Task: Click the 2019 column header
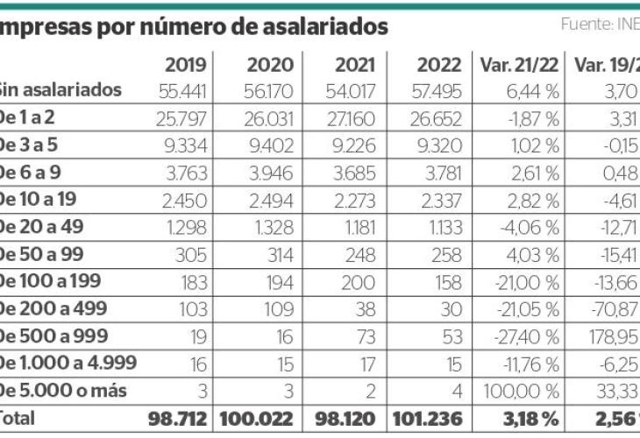(x=185, y=65)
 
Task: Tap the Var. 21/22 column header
(x=518, y=65)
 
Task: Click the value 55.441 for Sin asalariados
(x=183, y=90)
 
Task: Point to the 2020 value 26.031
(x=265, y=117)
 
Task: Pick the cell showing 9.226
(x=349, y=144)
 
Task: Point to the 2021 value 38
(x=366, y=309)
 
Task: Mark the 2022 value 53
(x=451, y=337)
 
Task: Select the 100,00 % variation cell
(x=527, y=391)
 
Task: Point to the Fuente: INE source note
(x=600, y=24)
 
